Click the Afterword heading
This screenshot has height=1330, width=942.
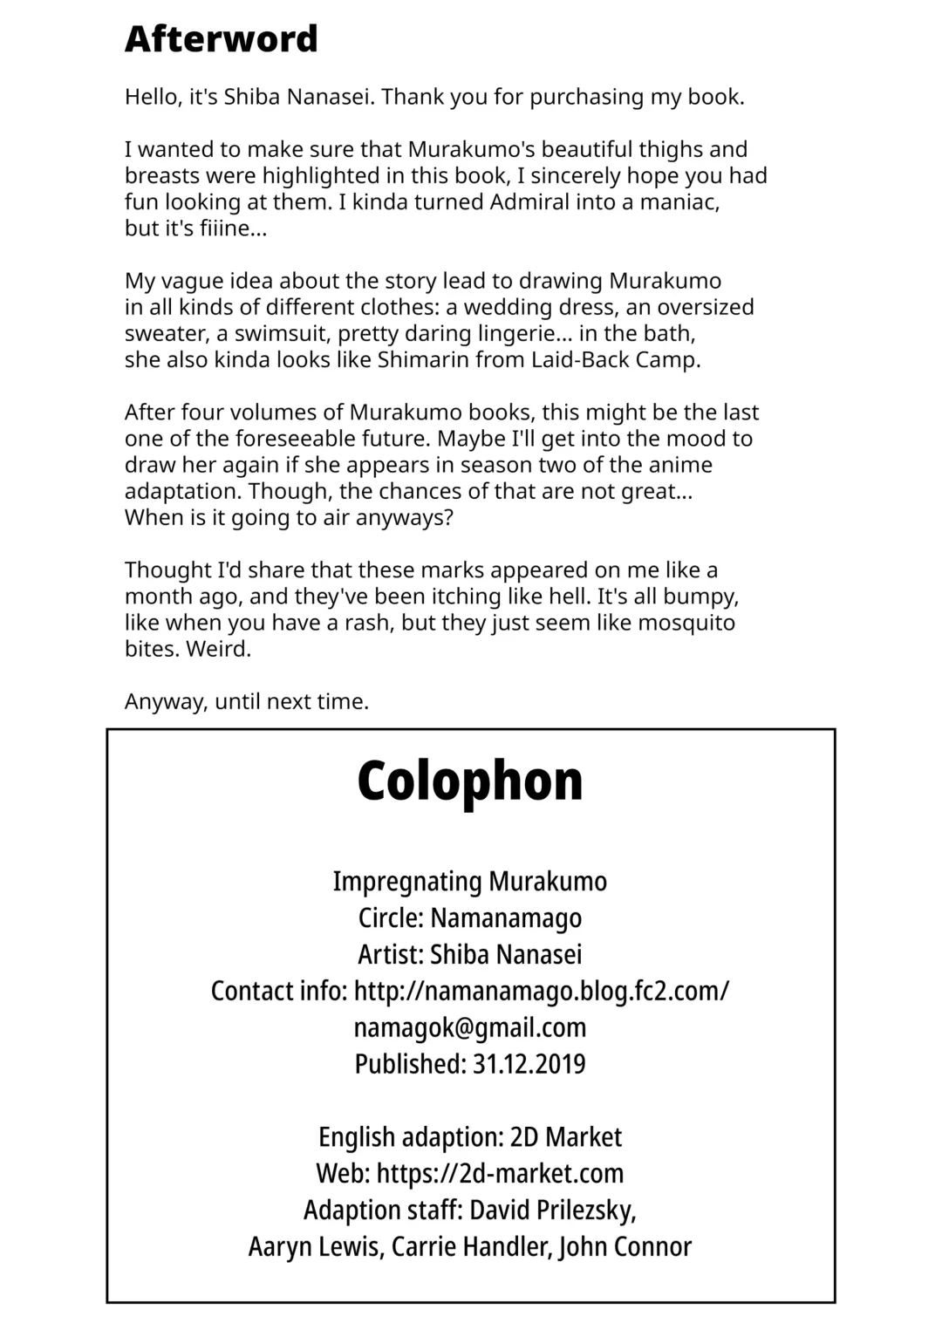coord(221,39)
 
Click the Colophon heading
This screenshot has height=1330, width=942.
coord(470,781)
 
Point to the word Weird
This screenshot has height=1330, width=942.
coord(218,649)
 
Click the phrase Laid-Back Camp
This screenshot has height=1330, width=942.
coord(615,360)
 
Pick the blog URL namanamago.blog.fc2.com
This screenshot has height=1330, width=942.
coord(542,991)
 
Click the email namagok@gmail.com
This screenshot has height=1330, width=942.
coord(470,1027)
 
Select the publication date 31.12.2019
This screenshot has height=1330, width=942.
coord(529,1064)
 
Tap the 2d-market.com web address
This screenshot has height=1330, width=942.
coord(500,1174)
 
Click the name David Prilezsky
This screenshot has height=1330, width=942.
coord(552,1211)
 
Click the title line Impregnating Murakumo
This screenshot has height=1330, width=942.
coord(470,882)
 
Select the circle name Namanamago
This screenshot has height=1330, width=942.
coord(506,918)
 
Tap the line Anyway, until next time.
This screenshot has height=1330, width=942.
coord(247,701)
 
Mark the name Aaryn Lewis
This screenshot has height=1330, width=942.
coord(315,1247)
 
